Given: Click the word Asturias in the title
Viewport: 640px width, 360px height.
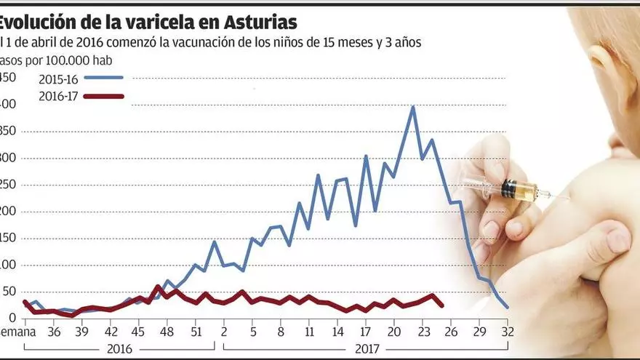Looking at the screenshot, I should coord(255,22).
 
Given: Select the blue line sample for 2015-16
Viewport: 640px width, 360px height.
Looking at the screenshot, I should coord(103,77).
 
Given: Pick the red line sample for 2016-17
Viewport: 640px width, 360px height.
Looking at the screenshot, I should coord(103,96).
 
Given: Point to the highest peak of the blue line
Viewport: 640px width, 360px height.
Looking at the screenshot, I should coord(413,107).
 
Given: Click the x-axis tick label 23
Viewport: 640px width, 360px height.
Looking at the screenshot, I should coord(423,332).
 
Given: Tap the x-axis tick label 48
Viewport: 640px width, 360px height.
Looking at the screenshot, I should coord(167,332).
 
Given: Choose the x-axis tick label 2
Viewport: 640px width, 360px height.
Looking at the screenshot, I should coord(224,332).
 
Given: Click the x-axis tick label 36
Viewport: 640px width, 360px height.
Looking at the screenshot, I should coord(53,332).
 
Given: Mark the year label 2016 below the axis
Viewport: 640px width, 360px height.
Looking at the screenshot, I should coord(119,348).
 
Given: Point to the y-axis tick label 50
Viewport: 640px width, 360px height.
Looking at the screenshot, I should coord(9,292).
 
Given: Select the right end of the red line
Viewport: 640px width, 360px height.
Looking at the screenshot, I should coord(442,305).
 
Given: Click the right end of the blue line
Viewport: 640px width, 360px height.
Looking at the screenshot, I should coord(508,308).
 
